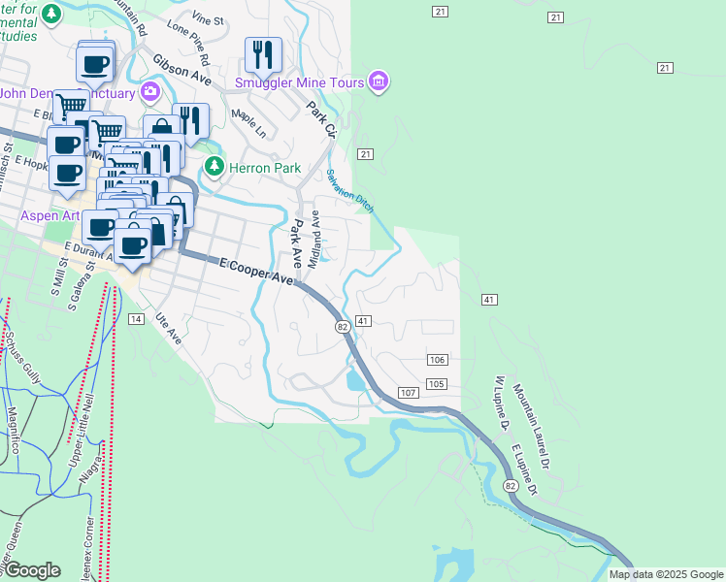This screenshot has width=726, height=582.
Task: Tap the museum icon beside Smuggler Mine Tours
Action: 379,82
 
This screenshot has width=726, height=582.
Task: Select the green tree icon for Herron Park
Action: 214,167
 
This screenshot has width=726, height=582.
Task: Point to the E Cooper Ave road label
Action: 255,271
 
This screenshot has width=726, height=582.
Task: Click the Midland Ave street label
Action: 314,243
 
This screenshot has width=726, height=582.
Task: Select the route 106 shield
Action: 437,360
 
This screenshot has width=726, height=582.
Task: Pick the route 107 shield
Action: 408,392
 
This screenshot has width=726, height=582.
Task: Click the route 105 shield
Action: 437,384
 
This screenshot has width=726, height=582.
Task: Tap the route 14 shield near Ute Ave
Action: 136,319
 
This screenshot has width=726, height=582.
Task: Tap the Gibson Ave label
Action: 181,69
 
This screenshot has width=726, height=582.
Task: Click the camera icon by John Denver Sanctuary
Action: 150,93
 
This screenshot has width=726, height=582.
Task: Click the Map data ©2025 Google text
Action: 666,574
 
